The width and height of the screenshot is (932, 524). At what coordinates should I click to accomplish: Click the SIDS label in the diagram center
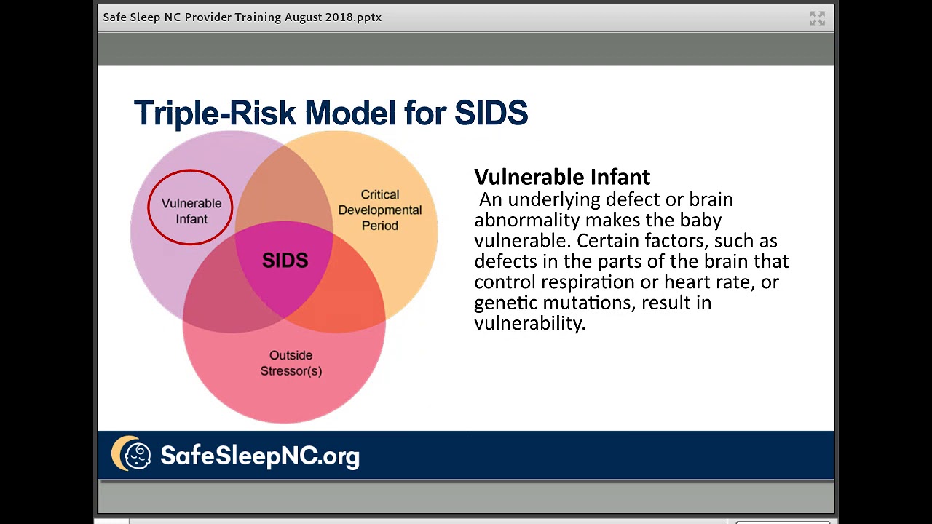(x=285, y=261)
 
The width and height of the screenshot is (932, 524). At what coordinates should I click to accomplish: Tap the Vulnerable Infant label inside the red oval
(x=191, y=211)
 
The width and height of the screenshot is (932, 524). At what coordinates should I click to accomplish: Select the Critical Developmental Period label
(x=379, y=210)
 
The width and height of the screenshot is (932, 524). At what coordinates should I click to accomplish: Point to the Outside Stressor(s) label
(x=291, y=363)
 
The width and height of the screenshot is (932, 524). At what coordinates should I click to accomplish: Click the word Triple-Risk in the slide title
(x=215, y=114)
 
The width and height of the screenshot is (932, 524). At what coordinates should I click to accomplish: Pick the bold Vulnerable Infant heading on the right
(x=561, y=177)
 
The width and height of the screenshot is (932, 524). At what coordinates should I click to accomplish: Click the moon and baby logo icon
(x=132, y=454)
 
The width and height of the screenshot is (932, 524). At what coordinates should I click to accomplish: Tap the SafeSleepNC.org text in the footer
(x=259, y=456)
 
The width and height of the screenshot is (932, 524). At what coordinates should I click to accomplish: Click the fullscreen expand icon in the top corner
(x=817, y=19)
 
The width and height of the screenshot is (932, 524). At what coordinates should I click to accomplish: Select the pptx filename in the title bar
(x=242, y=17)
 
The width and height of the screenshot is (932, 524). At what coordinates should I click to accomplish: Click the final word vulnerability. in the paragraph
(x=529, y=324)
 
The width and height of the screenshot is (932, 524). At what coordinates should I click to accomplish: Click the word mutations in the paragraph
(x=588, y=303)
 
